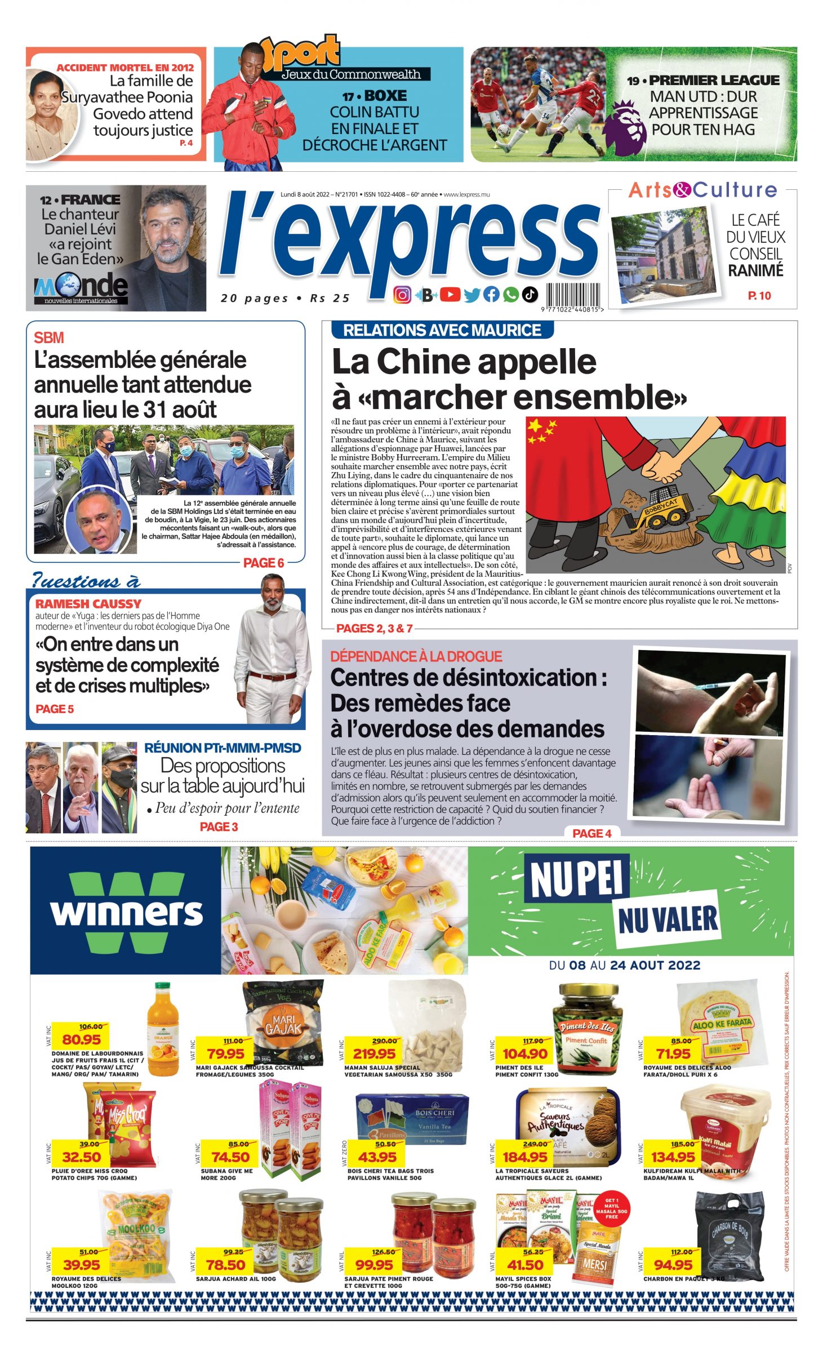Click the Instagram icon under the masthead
(x=402, y=295)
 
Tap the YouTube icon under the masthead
(x=450, y=294)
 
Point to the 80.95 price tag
(x=81, y=1039)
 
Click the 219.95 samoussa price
(x=374, y=1053)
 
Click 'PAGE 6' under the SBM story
(x=263, y=563)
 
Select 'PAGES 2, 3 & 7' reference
(x=374, y=628)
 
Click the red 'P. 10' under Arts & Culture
(x=759, y=296)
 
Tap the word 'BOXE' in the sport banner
(x=385, y=96)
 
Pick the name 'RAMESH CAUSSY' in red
(x=88, y=603)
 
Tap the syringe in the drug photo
(x=727, y=686)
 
